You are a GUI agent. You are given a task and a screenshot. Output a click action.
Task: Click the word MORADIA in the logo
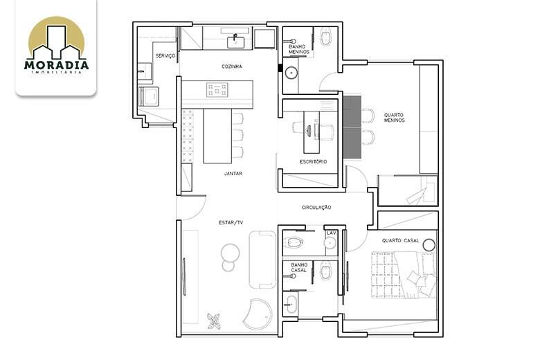[56, 65]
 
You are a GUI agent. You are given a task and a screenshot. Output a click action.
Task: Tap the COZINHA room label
[232, 66]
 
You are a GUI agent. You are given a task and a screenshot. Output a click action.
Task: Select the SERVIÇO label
[165, 56]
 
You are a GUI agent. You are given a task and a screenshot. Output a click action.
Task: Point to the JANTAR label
[233, 174]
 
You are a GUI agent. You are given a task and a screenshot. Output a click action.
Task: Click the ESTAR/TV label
[231, 223]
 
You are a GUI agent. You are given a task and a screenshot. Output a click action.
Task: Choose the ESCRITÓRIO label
[313, 161]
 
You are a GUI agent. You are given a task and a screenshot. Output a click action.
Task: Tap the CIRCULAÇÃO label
[316, 208]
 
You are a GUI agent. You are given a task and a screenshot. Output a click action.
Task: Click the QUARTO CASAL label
[401, 240]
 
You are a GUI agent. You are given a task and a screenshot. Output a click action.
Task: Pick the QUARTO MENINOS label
[395, 118]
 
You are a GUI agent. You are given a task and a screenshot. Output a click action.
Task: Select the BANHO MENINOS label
[299, 49]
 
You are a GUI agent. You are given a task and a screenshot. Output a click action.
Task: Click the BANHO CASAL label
[298, 268]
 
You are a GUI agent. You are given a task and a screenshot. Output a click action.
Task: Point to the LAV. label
[332, 233]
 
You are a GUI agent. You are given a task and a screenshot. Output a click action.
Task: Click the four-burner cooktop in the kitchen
[217, 89]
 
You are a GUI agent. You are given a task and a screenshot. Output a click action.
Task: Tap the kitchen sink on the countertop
[235, 43]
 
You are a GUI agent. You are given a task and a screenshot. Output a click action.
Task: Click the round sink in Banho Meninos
[291, 73]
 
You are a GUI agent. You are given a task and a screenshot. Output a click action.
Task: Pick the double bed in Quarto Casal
[404, 275]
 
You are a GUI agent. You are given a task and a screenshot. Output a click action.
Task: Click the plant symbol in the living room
[214, 321]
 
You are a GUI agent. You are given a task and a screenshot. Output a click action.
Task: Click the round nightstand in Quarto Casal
[429, 245]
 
